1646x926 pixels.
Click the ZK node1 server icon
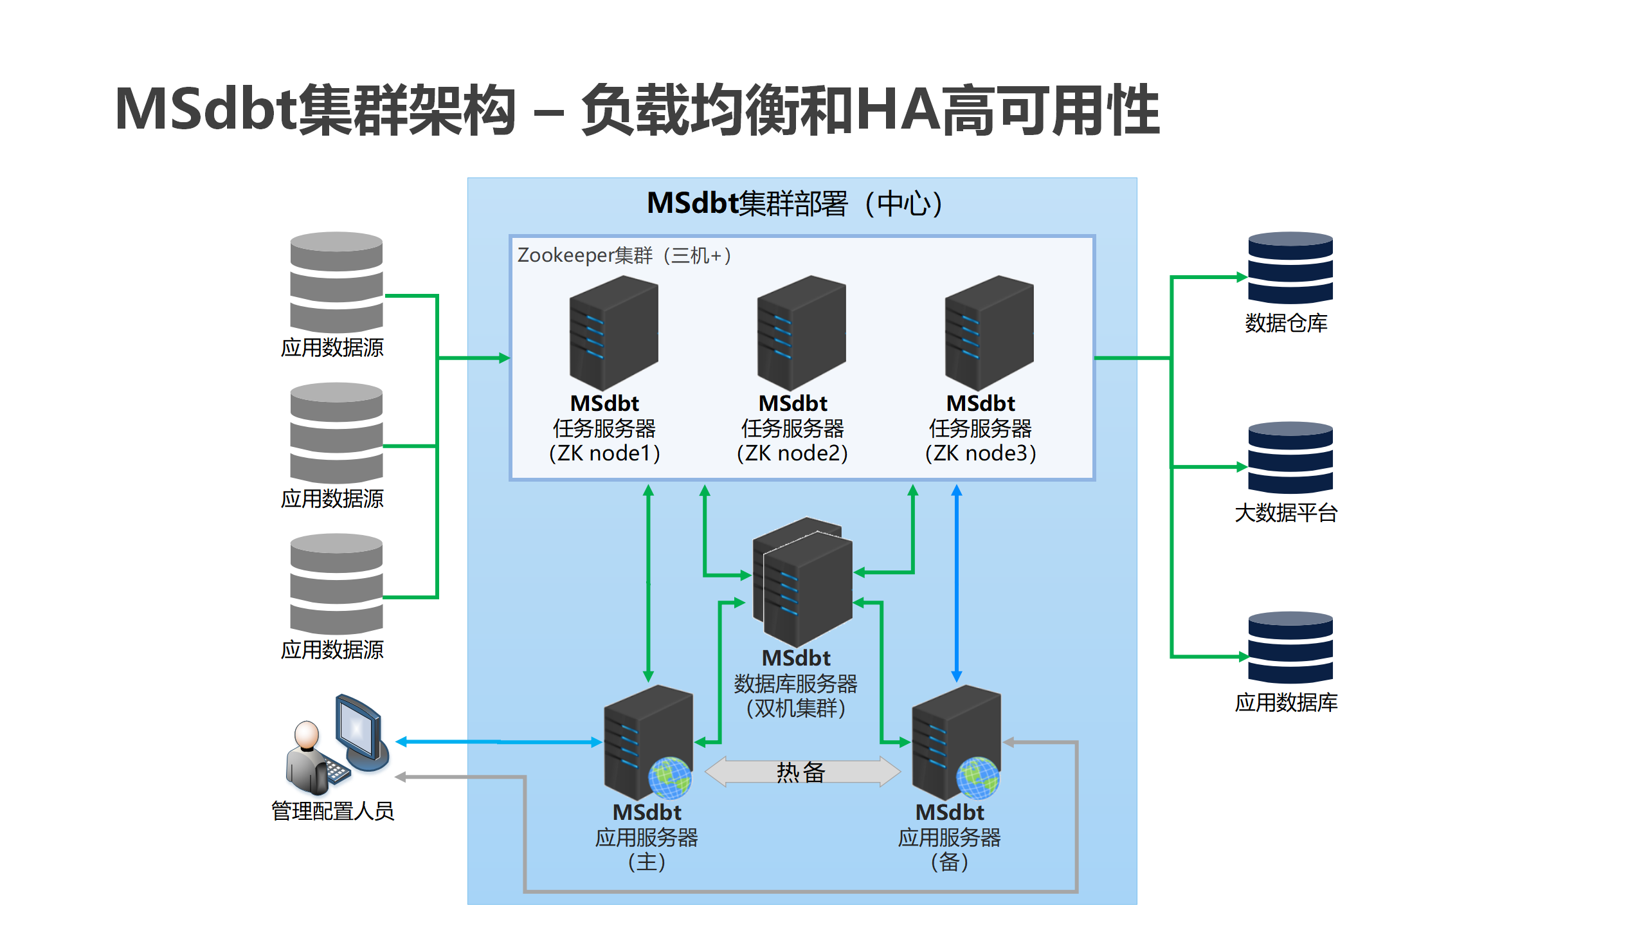[613, 332]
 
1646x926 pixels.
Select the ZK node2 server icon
[801, 332]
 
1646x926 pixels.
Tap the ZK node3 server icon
[989, 332]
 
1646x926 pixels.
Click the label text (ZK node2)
[792, 453]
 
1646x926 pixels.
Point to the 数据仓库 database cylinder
[1290, 268]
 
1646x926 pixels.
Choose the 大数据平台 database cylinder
[1290, 458]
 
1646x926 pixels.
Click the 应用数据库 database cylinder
[1290, 648]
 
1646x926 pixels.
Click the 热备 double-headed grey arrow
[802, 772]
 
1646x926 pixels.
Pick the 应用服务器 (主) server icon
[647, 743]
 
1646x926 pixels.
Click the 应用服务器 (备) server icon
[955, 743]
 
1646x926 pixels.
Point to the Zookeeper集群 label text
[624, 256]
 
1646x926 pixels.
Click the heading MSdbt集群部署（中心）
[795, 204]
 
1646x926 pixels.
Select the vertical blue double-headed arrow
[957, 583]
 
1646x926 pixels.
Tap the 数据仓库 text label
[1286, 323]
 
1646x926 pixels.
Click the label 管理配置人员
[332, 812]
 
